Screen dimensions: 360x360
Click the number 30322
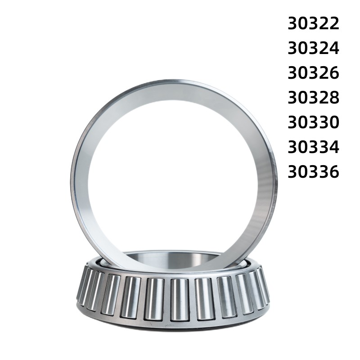[x=313, y=23]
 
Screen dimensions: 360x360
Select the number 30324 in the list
[x=313, y=48]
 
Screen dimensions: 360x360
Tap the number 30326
[x=313, y=73]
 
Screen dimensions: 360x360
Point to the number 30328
[x=313, y=98]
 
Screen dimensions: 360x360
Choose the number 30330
[x=313, y=122]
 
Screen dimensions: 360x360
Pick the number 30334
[x=313, y=147]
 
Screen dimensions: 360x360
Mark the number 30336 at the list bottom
[x=313, y=172]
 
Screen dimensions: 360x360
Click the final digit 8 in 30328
[x=333, y=98]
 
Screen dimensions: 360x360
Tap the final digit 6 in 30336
[x=333, y=172]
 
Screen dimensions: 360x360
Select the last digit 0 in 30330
[x=333, y=122]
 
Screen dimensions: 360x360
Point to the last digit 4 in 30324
[x=333, y=48]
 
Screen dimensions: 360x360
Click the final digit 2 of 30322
[x=333, y=23]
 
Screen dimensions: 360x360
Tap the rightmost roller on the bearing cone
[x=264, y=284]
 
